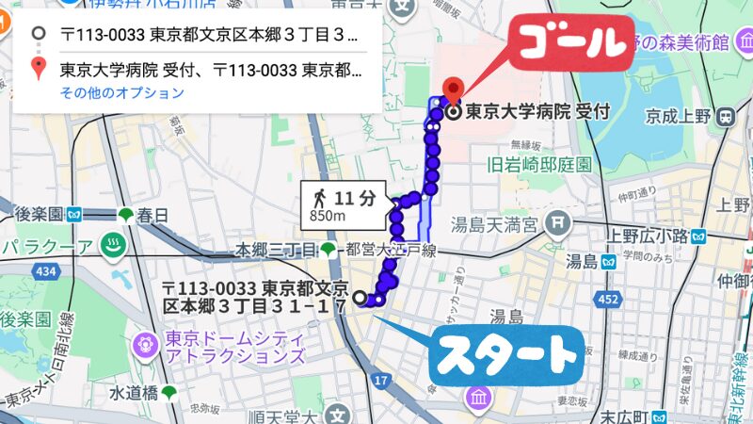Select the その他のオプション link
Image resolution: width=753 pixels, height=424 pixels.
pyautogui.click(x=122, y=93)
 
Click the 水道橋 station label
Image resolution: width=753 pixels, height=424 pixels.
pyautogui.click(x=130, y=391)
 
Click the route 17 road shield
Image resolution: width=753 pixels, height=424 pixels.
pyautogui.click(x=380, y=381)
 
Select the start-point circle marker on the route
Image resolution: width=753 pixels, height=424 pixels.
pyautogui.click(x=360, y=298)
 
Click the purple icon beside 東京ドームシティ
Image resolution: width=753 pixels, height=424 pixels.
pyautogui.click(x=146, y=343)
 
